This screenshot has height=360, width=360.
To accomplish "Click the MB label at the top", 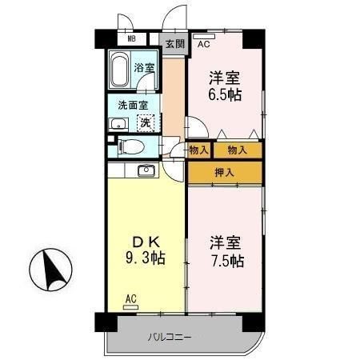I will (131, 38).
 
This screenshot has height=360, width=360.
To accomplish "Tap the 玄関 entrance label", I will (174, 45).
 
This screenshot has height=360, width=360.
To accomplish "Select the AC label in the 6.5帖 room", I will (203, 45).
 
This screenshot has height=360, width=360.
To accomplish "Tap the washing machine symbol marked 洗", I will (146, 122).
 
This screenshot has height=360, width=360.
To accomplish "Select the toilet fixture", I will (130, 146).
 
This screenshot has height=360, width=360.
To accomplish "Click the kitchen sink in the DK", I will (146, 170).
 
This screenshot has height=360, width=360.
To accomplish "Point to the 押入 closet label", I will (225, 171).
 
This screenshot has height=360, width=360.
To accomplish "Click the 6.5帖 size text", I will (225, 94).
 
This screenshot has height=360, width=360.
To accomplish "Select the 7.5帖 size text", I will (226, 261).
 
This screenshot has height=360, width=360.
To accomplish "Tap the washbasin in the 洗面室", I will (117, 123).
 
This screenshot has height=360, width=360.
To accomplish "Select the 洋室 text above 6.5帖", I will (225, 78).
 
